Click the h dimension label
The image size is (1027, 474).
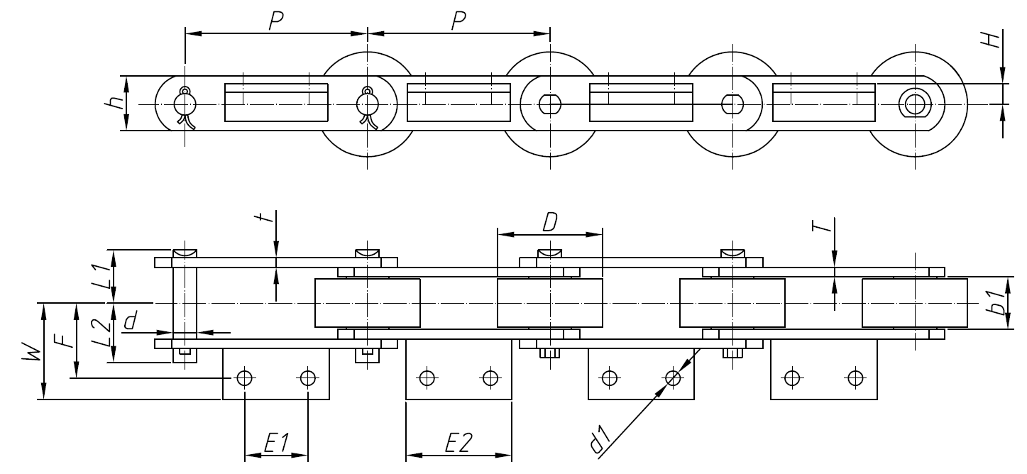point(107,104)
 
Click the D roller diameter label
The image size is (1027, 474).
point(549,222)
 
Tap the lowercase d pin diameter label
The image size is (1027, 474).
point(130,322)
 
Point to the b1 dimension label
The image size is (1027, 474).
point(999,303)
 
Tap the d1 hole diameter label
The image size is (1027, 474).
point(600,440)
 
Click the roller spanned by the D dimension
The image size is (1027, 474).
point(549,303)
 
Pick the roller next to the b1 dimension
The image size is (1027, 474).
point(914,303)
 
